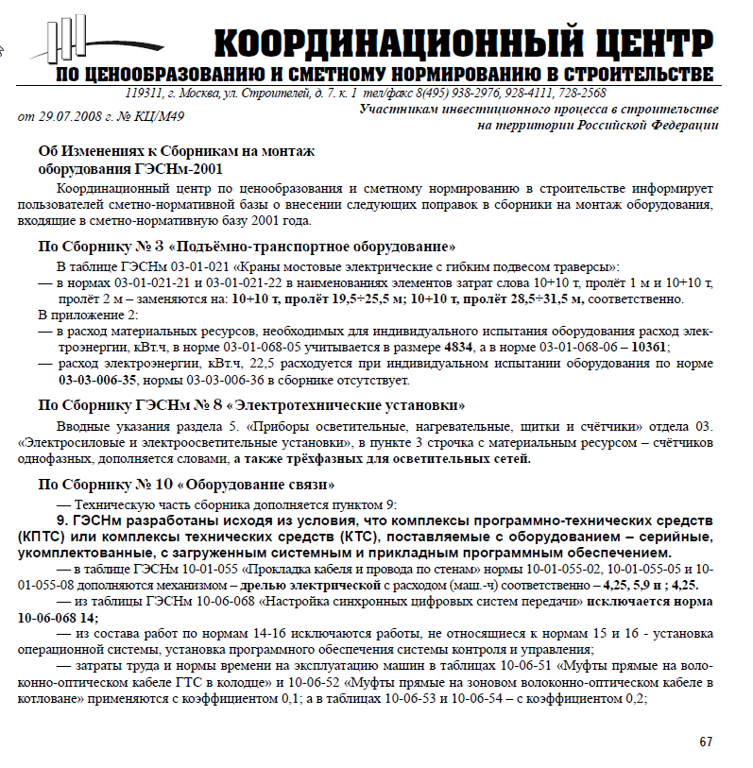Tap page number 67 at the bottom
[x=704, y=742]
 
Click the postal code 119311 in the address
[x=144, y=94]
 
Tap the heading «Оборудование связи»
[x=264, y=485]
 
